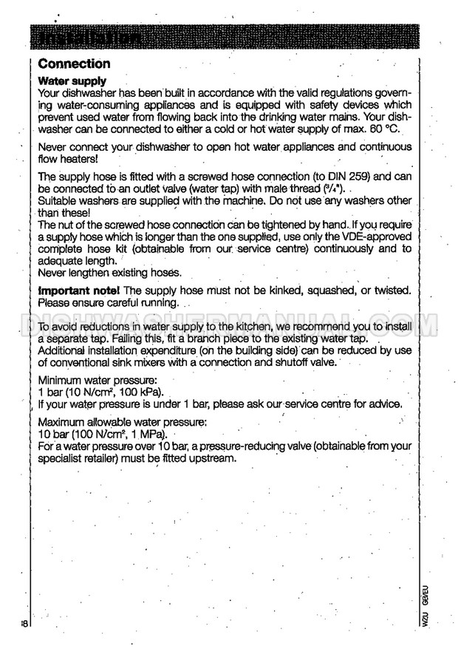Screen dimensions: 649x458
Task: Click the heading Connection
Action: (74, 64)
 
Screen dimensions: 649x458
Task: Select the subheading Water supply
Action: (72, 81)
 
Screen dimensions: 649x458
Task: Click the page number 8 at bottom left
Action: (25, 625)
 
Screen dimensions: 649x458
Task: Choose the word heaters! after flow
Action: (82, 159)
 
